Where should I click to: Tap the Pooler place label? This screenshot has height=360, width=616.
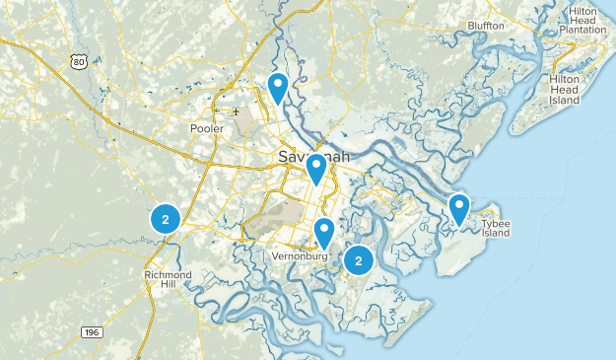coord(207,128)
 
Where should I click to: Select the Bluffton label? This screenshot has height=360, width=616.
coord(486,25)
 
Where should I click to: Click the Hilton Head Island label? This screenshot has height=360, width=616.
coord(565,89)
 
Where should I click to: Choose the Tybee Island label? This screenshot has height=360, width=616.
coord(496,229)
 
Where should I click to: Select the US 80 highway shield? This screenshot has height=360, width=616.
coord(78,62)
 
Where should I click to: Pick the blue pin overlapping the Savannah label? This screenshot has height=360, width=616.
coord(316,169)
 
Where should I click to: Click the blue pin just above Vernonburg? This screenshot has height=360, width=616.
coord(324,234)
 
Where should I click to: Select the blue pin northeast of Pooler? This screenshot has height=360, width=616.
coord(279,88)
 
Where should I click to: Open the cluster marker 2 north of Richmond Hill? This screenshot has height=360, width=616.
coord(164,220)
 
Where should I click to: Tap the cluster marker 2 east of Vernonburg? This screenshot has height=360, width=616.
coord(358,260)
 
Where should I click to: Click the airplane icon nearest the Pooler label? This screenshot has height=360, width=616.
coord(236,111)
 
